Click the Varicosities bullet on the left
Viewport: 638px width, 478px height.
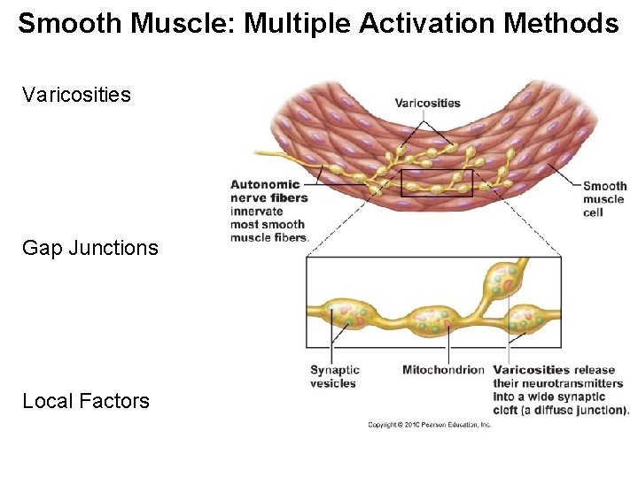click(76, 94)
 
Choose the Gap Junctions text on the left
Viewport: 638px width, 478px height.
click(90, 248)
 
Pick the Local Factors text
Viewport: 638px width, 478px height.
click(86, 401)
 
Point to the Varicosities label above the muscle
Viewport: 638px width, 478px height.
click(427, 103)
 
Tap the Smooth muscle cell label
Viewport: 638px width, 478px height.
click(604, 199)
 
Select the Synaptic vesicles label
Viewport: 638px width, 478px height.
click(334, 377)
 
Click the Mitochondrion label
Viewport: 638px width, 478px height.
click(443, 370)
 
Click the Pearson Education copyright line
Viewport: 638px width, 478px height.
click(430, 426)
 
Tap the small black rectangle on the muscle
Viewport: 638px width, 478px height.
click(437, 183)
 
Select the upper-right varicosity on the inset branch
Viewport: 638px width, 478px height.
click(500, 282)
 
